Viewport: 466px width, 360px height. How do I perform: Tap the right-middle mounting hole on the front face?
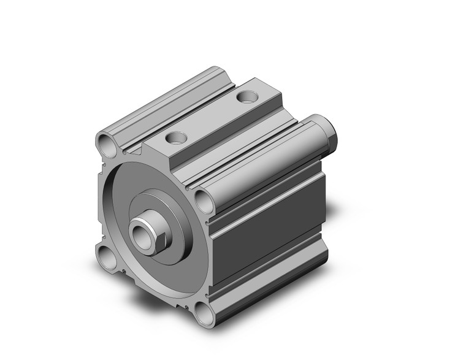pos(203,200)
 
